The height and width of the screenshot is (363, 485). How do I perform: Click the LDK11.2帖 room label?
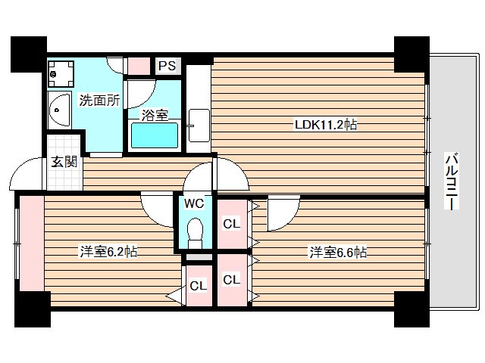[x=326, y=126]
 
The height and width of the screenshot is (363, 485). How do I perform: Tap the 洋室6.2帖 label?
[x=109, y=252]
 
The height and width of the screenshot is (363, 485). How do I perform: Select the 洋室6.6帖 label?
[x=338, y=252]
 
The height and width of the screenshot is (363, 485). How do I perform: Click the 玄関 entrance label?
[x=64, y=161]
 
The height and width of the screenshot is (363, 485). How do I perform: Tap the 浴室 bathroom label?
[x=155, y=116]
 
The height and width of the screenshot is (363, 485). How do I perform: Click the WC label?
[x=193, y=203]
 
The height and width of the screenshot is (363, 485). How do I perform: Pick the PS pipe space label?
[x=167, y=66]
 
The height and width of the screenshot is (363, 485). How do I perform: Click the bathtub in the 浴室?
[x=155, y=136]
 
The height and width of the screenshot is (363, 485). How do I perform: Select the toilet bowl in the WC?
[x=194, y=231]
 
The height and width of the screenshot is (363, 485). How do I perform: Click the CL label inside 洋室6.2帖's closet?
[x=198, y=286]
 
